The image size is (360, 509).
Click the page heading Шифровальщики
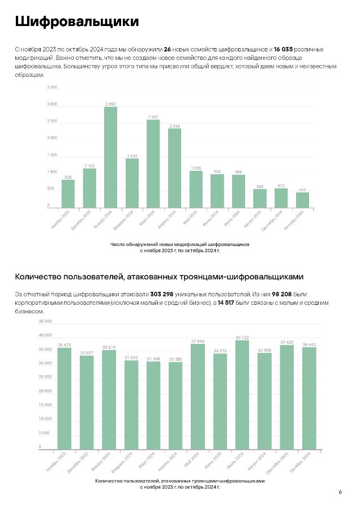(x=76, y=22)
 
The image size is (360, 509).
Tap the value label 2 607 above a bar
(x=153, y=117)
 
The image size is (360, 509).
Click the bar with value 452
(x=303, y=200)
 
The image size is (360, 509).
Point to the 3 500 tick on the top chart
(x=52, y=88)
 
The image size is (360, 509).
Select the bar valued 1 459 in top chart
(x=132, y=183)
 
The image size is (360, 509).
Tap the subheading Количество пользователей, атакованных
(x=159, y=277)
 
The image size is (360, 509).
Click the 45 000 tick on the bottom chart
(x=45, y=321)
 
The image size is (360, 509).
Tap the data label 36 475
(x=64, y=345)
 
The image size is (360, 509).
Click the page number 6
(x=340, y=492)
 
